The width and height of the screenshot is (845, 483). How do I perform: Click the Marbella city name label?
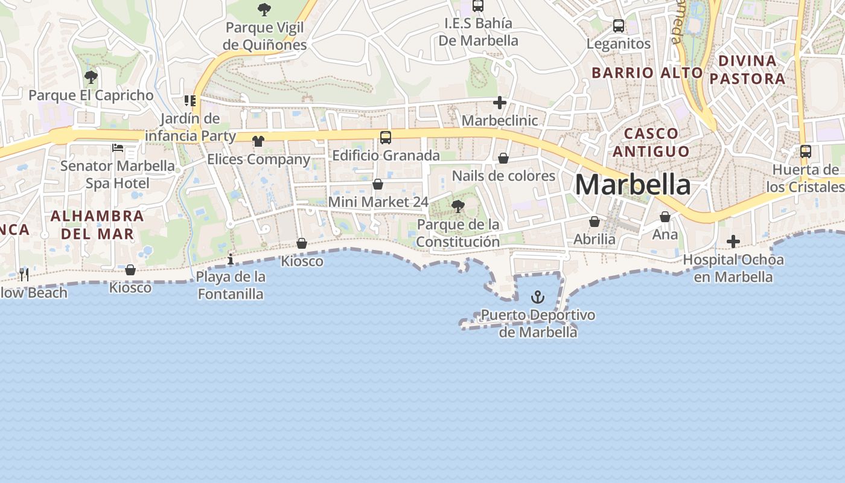tap(633, 184)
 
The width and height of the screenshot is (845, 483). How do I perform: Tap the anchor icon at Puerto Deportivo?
tap(537, 297)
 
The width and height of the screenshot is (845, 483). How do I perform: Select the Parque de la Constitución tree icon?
tap(458, 206)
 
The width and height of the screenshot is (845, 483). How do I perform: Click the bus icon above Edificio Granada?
tap(386, 138)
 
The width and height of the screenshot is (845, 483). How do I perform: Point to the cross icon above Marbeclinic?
tap(499, 103)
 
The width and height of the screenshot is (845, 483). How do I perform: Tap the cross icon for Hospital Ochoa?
tap(733, 242)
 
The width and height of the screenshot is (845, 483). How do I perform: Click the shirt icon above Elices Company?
tap(258, 141)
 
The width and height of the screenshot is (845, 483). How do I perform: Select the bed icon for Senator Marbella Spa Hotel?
tap(118, 148)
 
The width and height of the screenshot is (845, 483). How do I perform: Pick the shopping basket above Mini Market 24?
tap(378, 184)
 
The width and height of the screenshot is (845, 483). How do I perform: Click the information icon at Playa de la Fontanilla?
tap(230, 260)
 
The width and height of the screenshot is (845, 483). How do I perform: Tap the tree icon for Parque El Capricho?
tap(91, 77)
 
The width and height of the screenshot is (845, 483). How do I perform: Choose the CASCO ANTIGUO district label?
tap(651, 142)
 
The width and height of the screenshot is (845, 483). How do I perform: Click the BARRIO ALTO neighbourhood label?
tap(647, 73)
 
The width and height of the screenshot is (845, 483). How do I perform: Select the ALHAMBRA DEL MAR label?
tap(97, 225)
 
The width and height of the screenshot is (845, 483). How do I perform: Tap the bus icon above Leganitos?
tap(619, 26)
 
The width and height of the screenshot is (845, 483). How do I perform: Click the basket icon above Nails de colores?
tap(503, 158)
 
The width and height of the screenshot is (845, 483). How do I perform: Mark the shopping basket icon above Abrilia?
tap(595, 222)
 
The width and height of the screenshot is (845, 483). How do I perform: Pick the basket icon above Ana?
tap(665, 217)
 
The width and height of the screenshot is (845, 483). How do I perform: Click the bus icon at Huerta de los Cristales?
tap(806, 152)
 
